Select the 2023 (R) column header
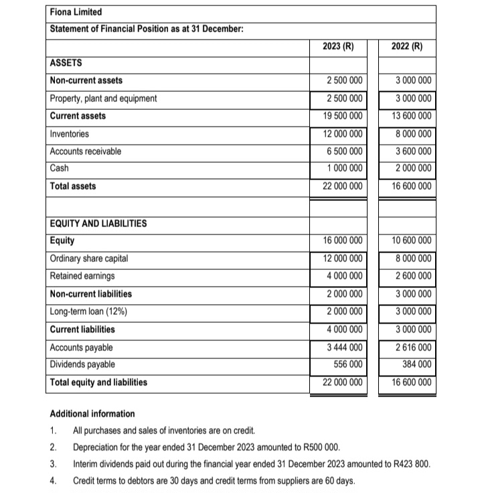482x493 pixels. [337, 47]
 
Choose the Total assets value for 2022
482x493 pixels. [412, 186]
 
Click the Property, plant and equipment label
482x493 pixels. [104, 98]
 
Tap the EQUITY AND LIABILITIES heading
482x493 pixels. [98, 223]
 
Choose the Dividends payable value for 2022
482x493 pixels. [418, 364]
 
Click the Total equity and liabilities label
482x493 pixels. [99, 382]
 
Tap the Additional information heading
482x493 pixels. [92, 413]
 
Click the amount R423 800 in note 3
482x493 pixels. [415, 464]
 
